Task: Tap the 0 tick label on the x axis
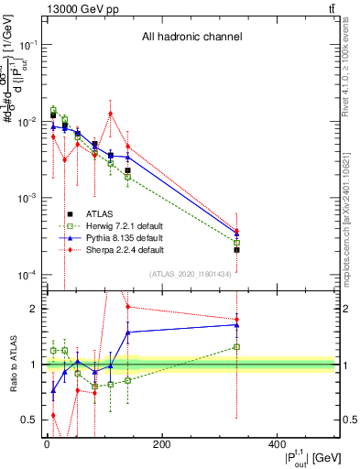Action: (x=47, y=446)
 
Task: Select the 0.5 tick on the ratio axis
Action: (x=29, y=420)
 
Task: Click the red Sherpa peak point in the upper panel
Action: (x=111, y=114)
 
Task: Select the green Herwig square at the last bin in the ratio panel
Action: (x=236, y=346)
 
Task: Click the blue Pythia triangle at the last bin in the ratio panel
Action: (x=236, y=324)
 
